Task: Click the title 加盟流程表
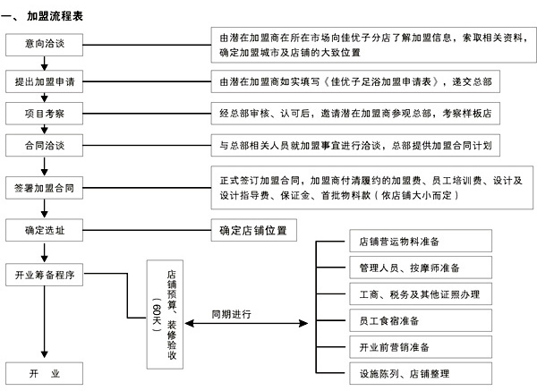[55, 16]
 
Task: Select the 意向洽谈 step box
[44, 45]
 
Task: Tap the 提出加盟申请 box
[44, 81]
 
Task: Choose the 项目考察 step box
[44, 114]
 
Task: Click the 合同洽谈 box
[44, 145]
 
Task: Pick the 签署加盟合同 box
[44, 188]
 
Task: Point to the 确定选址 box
[44, 230]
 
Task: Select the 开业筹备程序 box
[44, 275]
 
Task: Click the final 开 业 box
[44, 373]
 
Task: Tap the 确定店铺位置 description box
[254, 230]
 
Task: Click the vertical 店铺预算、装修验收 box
[165, 314]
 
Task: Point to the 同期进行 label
[231, 314]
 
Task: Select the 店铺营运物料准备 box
[421, 241]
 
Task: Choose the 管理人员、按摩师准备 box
[421, 267]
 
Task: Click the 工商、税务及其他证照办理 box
[421, 293]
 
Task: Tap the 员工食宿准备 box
[421, 320]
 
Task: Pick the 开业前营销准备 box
[421, 347]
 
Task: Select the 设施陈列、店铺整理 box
[421, 373]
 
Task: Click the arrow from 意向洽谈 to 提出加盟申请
[44, 63]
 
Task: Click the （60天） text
[156, 314]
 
